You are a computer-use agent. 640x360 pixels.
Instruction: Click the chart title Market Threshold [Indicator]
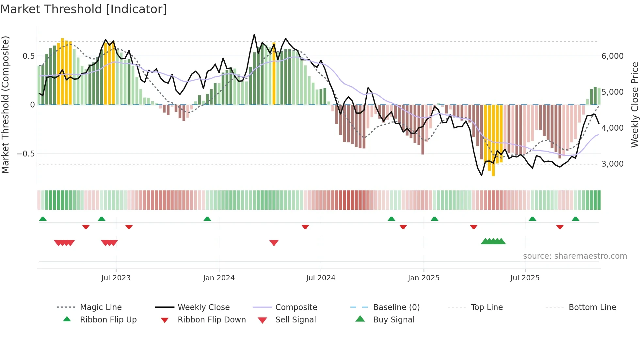pos(84,9)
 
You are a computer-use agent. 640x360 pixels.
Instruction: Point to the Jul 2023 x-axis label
pos(116,278)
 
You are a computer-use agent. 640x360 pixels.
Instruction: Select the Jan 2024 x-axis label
pos(219,278)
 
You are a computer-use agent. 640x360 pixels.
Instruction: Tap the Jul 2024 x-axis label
pos(321,278)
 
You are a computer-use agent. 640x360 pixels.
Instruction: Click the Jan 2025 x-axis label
pos(424,278)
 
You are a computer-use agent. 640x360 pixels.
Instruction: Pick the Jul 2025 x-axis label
pos(525,278)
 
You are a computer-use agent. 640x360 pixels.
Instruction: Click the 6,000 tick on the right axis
pos(613,56)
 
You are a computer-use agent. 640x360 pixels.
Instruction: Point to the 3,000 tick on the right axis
pos(613,164)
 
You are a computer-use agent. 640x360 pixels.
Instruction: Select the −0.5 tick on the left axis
pos(25,154)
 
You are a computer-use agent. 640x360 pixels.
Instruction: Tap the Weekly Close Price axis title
pos(634,105)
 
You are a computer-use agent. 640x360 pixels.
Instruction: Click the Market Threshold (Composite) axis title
pos(5,105)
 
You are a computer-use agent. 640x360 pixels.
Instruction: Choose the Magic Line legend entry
pos(101,307)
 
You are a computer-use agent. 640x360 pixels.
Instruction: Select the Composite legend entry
pos(296,307)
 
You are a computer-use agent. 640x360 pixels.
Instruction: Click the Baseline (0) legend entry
pos(396,307)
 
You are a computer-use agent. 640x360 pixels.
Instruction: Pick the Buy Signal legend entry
pos(393,320)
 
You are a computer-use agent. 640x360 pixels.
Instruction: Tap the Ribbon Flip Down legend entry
pos(212,320)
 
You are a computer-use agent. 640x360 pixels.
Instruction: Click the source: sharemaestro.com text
pos(575,256)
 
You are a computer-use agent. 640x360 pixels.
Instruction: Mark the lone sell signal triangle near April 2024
pos(274,243)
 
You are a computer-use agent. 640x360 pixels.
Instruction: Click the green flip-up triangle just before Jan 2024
pos(207,219)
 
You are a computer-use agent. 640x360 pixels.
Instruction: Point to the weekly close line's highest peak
pos(254,34)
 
